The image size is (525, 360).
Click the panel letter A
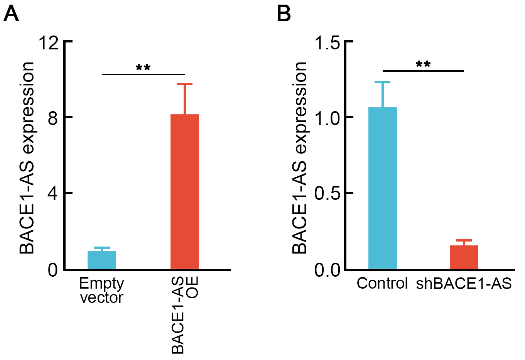pos(11,14)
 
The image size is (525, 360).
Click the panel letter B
pos(284,14)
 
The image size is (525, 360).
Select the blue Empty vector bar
pos(102,260)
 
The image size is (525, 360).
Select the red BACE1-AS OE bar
pos(185,191)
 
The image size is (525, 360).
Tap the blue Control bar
pos(383,188)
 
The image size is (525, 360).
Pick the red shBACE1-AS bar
pos(464,257)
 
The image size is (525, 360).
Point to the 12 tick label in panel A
pos(49,43)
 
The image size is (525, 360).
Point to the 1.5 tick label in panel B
pos(327,43)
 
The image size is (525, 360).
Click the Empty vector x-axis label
pos(102,291)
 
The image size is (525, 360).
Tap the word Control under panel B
pos(382,283)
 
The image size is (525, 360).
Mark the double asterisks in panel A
pos(143,68)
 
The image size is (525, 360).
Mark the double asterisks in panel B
pos(423,64)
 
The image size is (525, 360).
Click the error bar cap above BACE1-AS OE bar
pos(185,84)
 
